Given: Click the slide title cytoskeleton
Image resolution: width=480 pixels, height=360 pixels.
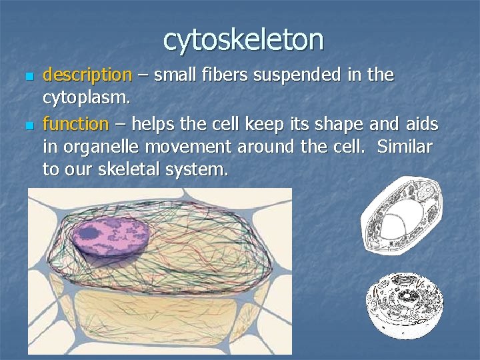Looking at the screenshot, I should pos(243,39).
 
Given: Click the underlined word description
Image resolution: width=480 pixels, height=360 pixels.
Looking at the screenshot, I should pos(87,75).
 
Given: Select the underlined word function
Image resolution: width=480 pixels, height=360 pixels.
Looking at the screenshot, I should pos(75,123).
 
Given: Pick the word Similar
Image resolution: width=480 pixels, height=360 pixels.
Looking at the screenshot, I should pos(405,147).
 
